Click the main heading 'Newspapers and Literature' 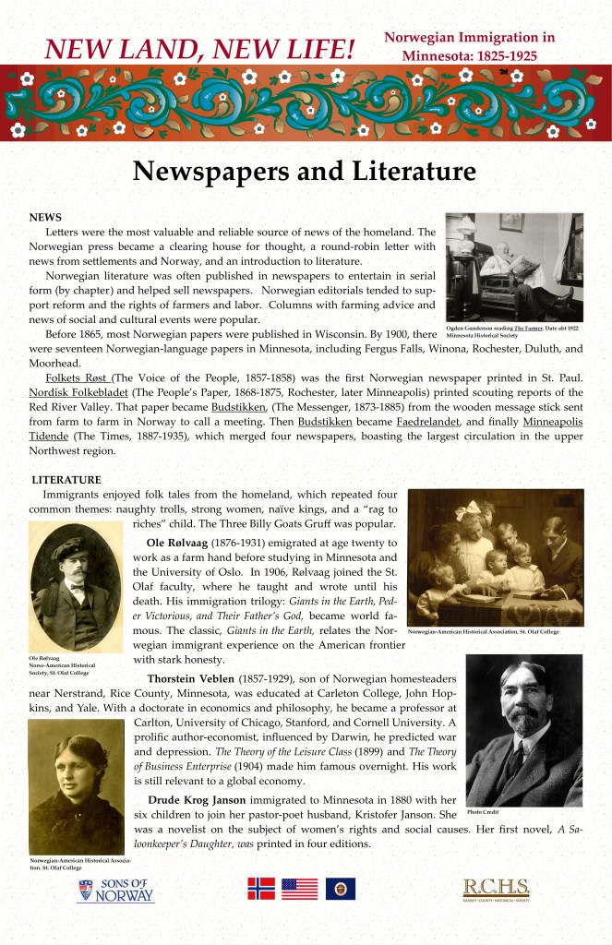pyautogui.click(x=304, y=171)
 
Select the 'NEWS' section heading pyautogui.click(x=45, y=216)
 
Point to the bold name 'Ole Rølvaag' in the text pyautogui.click(x=182, y=543)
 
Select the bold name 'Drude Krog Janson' pyautogui.click(x=214, y=798)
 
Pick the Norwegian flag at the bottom pyautogui.click(x=261, y=888)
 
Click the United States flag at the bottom pyautogui.click(x=299, y=888)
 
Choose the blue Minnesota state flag pyautogui.click(x=340, y=888)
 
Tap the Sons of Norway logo pyautogui.click(x=116, y=891)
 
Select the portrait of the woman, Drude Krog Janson pyautogui.click(x=77, y=786)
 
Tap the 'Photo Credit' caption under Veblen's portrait pyautogui.click(x=483, y=811)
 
